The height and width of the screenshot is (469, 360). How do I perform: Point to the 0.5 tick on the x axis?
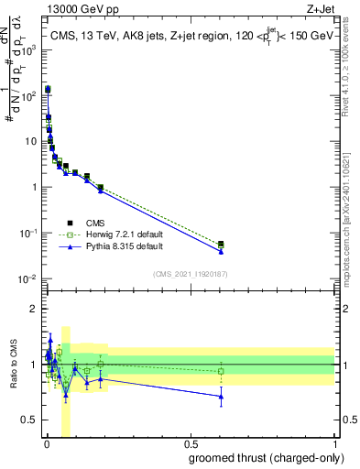click(191, 444)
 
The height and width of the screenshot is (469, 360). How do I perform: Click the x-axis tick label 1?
click(336, 444)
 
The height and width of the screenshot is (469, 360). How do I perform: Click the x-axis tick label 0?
click(46, 444)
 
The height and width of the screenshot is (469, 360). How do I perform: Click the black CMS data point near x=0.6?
click(221, 244)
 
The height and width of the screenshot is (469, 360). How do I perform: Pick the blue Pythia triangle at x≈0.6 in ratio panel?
click(221, 397)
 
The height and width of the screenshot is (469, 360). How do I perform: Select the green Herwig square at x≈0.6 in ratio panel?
click(221, 372)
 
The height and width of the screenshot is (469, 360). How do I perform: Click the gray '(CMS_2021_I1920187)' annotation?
click(190, 274)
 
